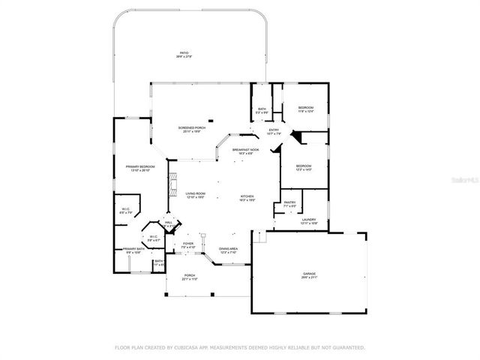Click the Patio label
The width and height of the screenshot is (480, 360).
coord(184,53)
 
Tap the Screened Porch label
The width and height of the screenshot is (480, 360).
coord(189,128)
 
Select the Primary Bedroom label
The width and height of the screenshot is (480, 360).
coord(140,166)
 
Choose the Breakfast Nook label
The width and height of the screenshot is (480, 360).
coord(245,150)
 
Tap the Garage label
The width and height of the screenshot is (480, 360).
coord(310,274)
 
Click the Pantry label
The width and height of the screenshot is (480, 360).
coord(289,202)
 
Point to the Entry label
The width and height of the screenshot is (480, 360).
coord(274,130)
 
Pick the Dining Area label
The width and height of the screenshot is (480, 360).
coord(229,249)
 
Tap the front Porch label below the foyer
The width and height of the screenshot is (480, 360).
coord(190,275)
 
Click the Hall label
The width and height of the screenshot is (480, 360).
coord(169,223)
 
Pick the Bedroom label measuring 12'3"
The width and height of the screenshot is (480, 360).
coord(303,166)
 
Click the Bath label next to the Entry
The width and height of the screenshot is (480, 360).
coord(262,109)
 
